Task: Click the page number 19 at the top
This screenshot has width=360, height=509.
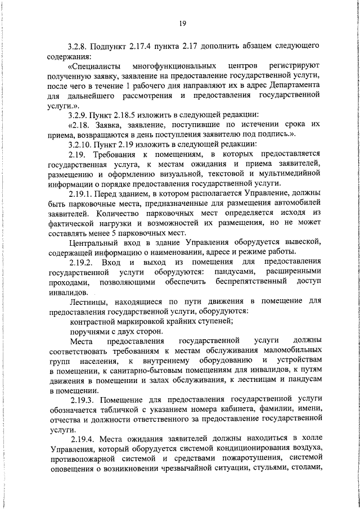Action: [183, 23]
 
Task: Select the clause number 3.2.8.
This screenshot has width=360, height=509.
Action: [79, 44]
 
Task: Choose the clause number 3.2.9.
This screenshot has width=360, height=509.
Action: [79, 115]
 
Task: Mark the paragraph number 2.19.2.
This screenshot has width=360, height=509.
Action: [83, 262]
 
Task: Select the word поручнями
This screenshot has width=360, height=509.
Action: [89, 331]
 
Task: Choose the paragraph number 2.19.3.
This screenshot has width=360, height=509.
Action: [83, 400]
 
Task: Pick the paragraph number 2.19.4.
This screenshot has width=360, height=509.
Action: [83, 439]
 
